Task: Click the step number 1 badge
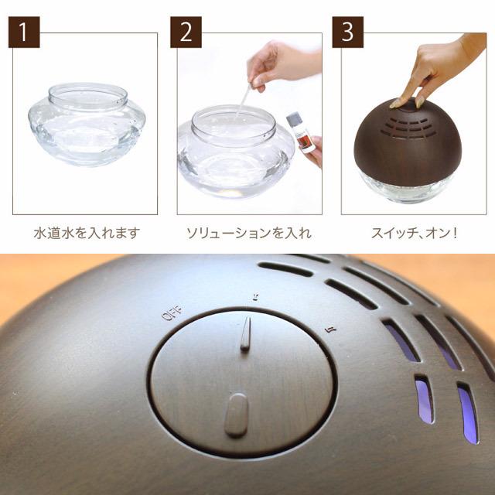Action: [26, 32]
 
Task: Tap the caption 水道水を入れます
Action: [87, 232]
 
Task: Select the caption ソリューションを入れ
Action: [249, 232]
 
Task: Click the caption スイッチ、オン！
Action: [413, 232]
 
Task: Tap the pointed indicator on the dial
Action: [245, 335]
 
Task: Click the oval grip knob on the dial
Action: [236, 415]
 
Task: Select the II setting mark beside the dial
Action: [330, 329]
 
